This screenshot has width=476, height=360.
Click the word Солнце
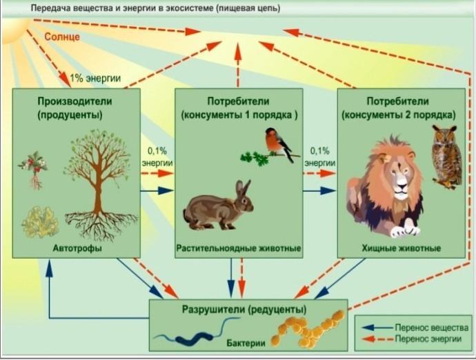tap(62, 37)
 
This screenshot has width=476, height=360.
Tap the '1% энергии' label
tap(95, 78)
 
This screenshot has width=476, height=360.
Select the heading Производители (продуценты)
tap(75, 108)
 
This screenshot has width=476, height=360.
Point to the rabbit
tap(219, 206)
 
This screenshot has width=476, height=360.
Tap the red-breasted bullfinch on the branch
tap(279, 145)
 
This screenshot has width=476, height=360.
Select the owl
tap(446, 156)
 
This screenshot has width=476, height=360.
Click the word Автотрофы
tap(77, 248)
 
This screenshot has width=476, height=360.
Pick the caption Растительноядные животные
tap(239, 248)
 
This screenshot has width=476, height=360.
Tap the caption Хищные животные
tap(401, 248)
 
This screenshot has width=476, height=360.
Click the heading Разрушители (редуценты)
tap(244, 310)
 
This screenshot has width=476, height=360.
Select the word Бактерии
tap(246, 343)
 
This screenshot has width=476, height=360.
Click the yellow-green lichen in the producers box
tap(41, 222)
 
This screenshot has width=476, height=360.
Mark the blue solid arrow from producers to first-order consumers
tap(157, 191)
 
